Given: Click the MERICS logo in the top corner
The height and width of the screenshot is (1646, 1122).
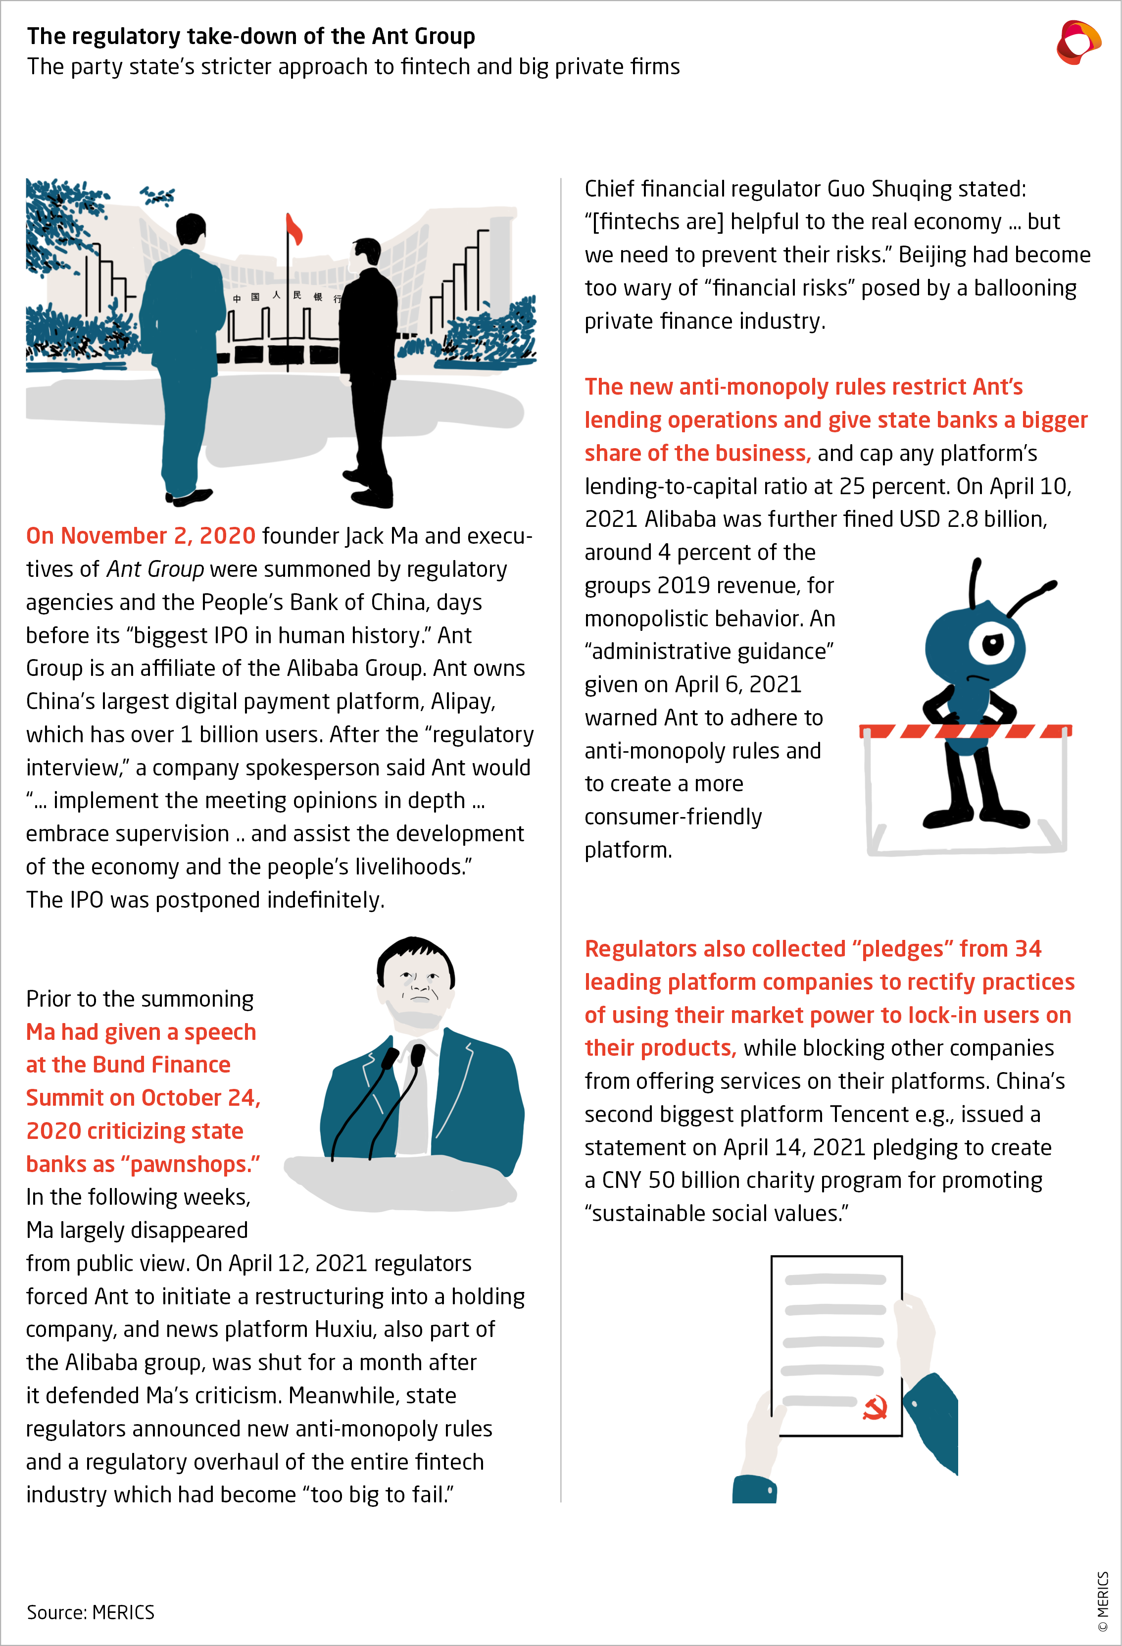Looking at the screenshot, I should pos(1077,43).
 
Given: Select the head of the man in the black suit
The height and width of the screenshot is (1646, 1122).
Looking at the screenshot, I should pos(367,254).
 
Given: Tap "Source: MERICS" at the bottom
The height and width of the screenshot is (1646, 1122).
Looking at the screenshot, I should pos(91,1613).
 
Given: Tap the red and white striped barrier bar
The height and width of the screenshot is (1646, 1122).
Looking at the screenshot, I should pos(965,730).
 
